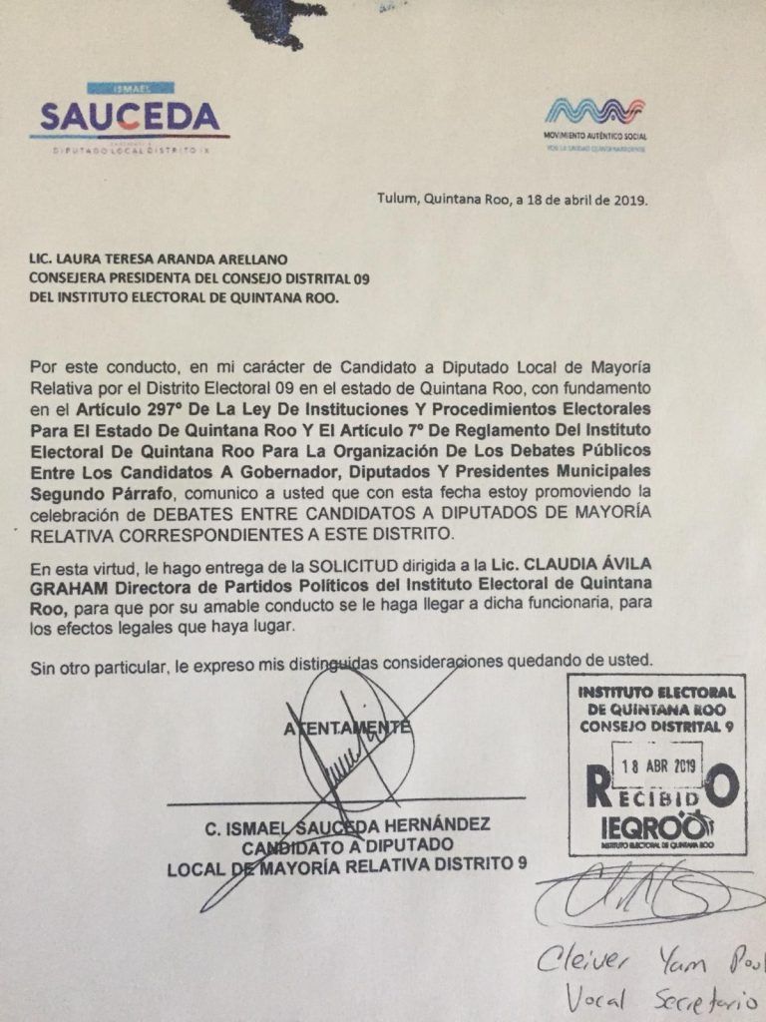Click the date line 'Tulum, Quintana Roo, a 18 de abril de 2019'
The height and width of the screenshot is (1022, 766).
(512, 199)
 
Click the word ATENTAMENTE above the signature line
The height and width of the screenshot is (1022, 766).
(346, 728)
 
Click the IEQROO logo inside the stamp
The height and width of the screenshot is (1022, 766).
(655, 829)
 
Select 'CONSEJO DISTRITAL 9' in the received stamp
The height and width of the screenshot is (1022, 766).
(656, 726)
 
